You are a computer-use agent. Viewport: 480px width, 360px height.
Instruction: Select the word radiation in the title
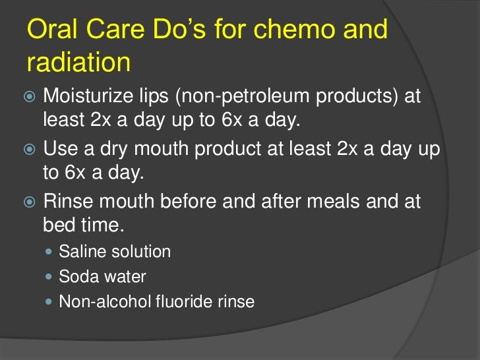coord(78,63)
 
